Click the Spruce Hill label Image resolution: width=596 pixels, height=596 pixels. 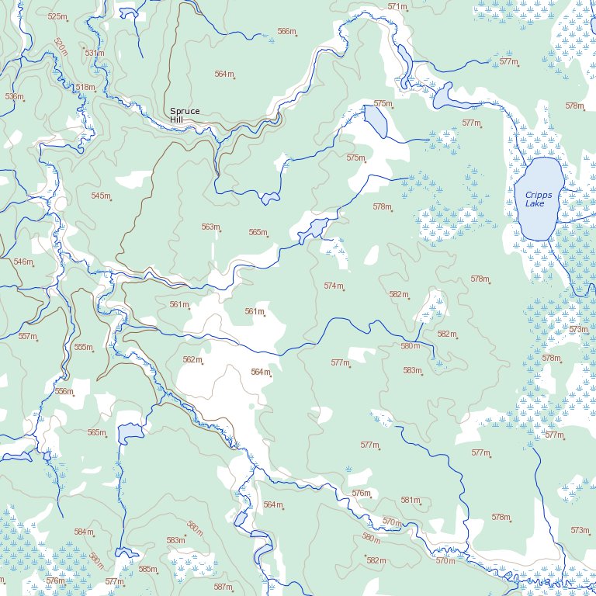point(185,116)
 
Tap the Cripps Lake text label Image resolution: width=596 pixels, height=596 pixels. point(535,199)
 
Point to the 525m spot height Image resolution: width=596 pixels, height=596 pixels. point(57,16)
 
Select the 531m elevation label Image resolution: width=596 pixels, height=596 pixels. point(94,53)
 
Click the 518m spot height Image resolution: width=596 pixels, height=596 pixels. point(85,88)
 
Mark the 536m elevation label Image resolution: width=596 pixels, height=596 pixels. point(14,96)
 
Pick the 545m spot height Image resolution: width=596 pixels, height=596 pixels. point(101,196)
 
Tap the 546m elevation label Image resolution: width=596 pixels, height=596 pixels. point(23,262)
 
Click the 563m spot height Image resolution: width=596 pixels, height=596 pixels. point(211,227)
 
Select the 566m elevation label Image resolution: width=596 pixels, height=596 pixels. point(286,32)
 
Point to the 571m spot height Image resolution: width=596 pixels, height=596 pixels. point(397,7)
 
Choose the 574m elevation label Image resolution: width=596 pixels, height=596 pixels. point(334,286)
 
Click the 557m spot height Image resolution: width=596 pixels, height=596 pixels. point(28,336)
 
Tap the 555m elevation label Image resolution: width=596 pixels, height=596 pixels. point(83,347)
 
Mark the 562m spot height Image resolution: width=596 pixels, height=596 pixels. point(192,359)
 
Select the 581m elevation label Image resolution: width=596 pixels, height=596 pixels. point(410,501)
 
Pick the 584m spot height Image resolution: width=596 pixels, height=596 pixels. point(84,532)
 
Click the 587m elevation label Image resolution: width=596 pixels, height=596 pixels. point(223,587)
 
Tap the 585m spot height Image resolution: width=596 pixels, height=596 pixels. point(147,569)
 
